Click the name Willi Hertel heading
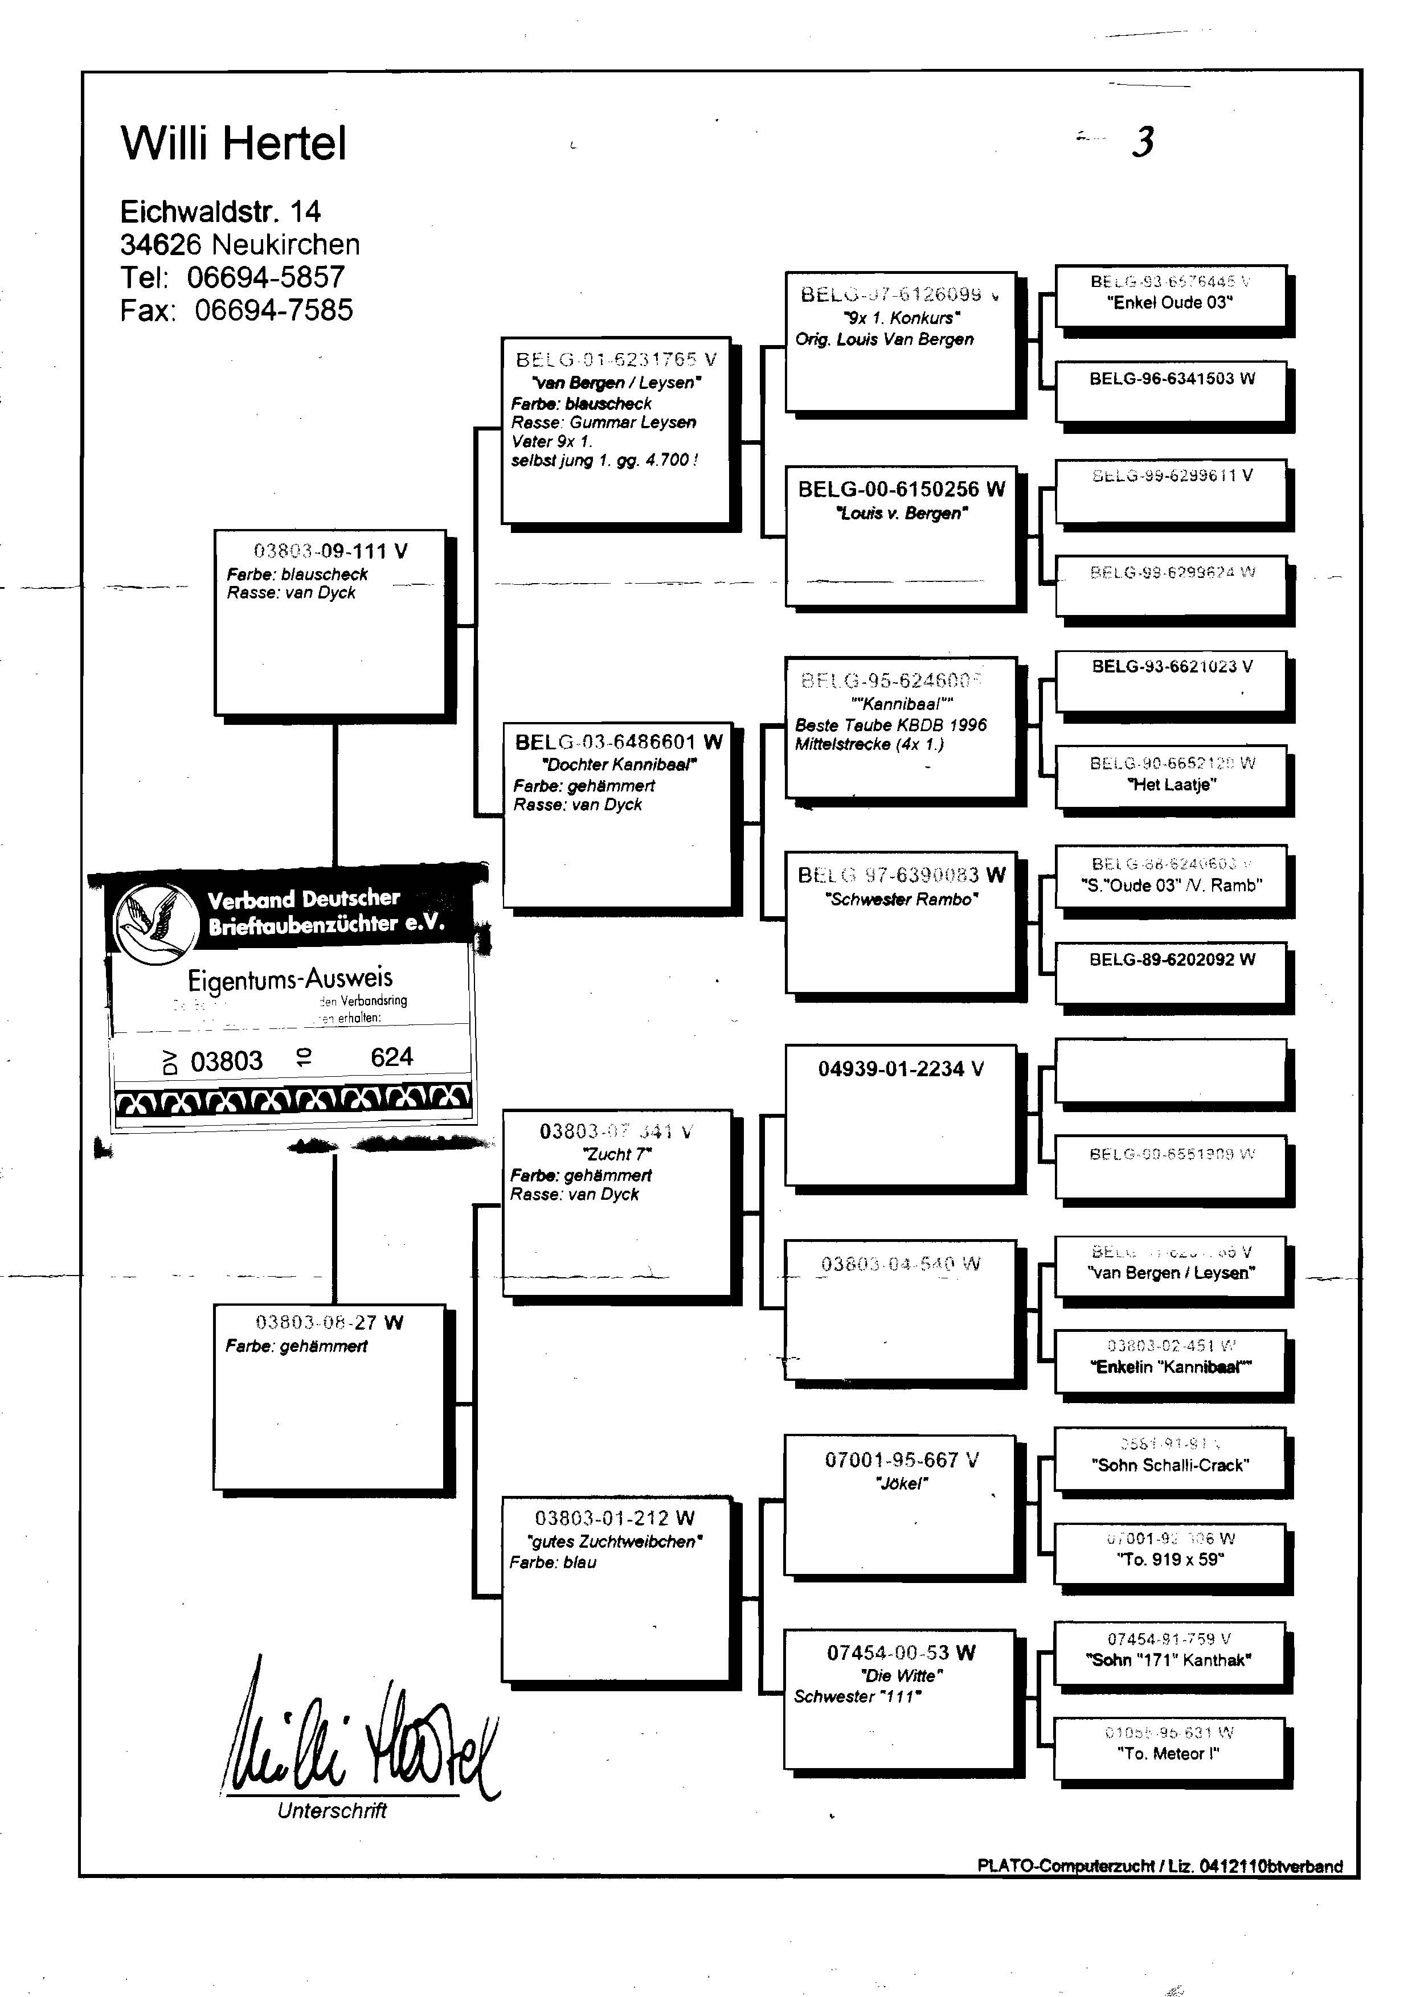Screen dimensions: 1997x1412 pos(233,143)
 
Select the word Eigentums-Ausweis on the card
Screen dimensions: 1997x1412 pos(290,979)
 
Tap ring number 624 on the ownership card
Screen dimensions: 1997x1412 pos(391,1057)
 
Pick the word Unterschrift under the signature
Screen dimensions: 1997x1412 pos(331,1811)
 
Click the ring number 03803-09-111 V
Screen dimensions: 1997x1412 pos(330,551)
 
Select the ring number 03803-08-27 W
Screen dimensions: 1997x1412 pos(329,1323)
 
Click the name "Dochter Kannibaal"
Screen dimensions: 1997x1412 pos(619,765)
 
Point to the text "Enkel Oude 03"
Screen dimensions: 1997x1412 pos(1170,303)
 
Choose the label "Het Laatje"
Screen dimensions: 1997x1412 pos(1171,785)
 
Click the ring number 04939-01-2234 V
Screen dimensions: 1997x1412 pos(901,1069)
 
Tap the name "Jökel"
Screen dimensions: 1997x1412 pos(901,1484)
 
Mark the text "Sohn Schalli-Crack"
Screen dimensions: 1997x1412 pos(1170,1465)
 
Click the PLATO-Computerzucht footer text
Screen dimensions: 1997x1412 pos(1160,1865)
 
